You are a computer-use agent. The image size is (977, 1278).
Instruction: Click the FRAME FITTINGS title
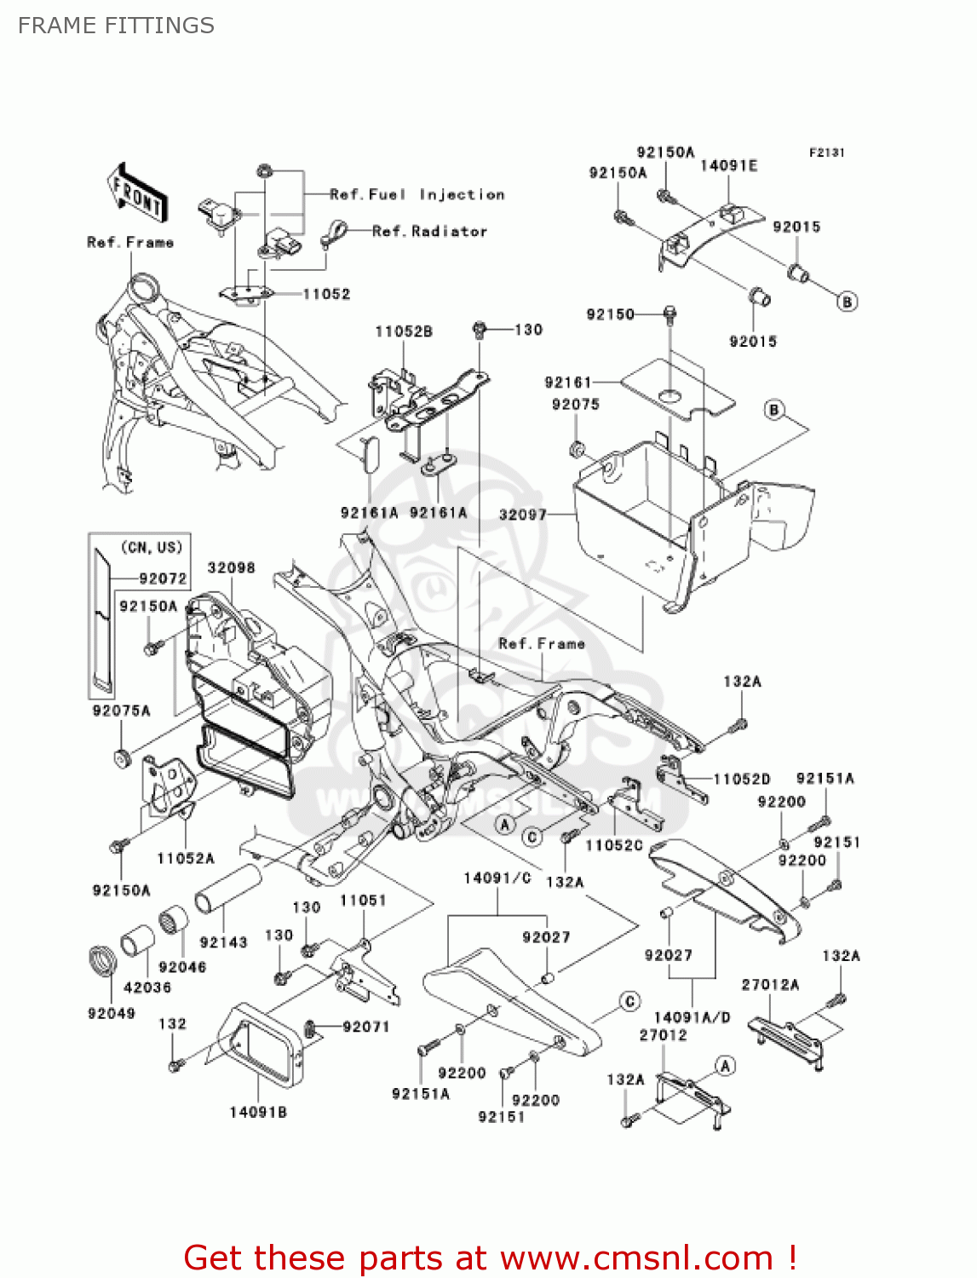pyautogui.click(x=116, y=26)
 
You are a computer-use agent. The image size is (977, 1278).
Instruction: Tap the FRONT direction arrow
pyautogui.click(x=137, y=194)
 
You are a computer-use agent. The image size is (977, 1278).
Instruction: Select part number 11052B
pyautogui.click(x=404, y=331)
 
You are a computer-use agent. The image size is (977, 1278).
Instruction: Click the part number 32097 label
pyautogui.click(x=522, y=515)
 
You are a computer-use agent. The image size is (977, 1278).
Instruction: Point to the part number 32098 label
pyautogui.click(x=231, y=568)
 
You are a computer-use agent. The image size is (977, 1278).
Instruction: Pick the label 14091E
pyautogui.click(x=728, y=166)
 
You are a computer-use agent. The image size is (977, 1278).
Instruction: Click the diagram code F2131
pyautogui.click(x=826, y=153)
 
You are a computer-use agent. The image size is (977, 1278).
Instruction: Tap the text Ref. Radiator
pyautogui.click(x=429, y=232)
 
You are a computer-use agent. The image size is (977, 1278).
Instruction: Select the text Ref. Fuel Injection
pyautogui.click(x=417, y=195)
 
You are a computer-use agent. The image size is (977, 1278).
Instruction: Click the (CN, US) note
pyautogui.click(x=152, y=548)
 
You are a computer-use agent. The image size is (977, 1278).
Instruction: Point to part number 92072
pyautogui.click(x=163, y=579)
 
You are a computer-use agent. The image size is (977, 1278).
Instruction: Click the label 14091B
pyautogui.click(x=258, y=1112)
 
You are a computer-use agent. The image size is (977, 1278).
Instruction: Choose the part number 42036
pyautogui.click(x=147, y=987)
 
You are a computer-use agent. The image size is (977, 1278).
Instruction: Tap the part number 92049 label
pyautogui.click(x=112, y=1013)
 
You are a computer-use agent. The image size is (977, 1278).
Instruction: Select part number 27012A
pyautogui.click(x=770, y=985)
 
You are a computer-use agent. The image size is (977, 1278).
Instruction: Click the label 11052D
pyautogui.click(x=741, y=779)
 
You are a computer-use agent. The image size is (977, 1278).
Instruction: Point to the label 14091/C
pyautogui.click(x=497, y=878)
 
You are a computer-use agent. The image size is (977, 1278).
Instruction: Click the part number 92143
pyautogui.click(x=223, y=942)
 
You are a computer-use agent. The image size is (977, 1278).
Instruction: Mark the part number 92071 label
pyautogui.click(x=366, y=1028)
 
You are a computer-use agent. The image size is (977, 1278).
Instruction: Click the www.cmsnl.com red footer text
pyautogui.click(x=636, y=1258)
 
